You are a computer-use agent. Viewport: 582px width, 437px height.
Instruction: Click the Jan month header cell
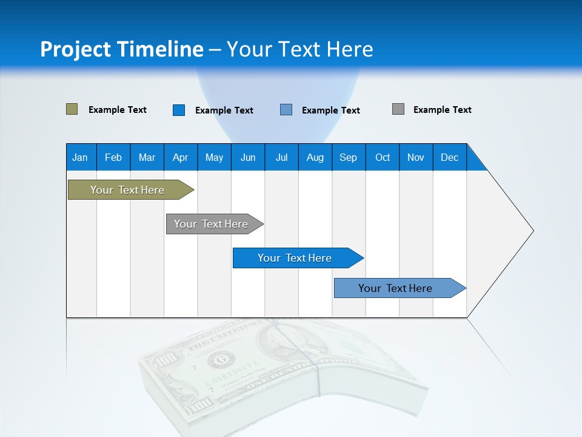[81, 157]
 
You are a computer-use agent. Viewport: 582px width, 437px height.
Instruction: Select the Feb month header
[113, 157]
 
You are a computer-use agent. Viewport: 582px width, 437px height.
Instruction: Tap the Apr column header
[181, 157]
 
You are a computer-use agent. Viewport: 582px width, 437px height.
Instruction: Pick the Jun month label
[248, 157]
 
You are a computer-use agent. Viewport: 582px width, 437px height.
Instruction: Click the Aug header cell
[315, 157]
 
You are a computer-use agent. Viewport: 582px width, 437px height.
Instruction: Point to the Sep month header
[349, 157]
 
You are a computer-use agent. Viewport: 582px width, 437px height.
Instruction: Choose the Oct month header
[383, 157]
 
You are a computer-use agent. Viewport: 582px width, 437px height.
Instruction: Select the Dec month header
[450, 157]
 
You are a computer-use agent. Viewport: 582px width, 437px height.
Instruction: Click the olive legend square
[72, 109]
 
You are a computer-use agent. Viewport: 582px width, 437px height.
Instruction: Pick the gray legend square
[398, 109]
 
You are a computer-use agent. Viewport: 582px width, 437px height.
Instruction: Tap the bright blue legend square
[179, 110]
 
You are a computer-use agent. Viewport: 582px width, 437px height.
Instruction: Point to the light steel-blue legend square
[286, 110]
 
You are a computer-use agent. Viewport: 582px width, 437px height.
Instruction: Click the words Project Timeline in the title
[122, 49]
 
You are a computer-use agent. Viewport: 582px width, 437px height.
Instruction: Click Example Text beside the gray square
[442, 110]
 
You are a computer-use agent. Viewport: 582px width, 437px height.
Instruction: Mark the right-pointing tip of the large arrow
[532, 231]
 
